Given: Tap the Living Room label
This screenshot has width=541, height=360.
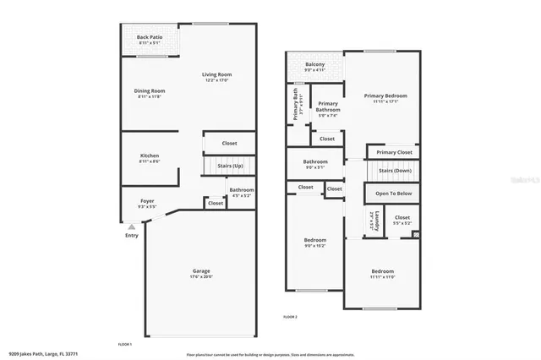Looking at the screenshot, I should (x=216, y=75).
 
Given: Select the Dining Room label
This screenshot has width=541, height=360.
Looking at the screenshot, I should (x=149, y=90).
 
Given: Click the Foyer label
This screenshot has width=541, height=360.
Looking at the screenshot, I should (x=146, y=201).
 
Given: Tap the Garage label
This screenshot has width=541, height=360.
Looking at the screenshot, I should (x=200, y=270).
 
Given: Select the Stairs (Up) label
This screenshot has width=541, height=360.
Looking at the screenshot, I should (x=231, y=166).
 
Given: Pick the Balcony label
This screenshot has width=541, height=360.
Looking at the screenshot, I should (x=315, y=64).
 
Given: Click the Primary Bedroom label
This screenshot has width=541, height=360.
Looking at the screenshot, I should (x=385, y=95).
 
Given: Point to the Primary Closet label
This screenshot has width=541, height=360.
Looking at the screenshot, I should (x=394, y=152).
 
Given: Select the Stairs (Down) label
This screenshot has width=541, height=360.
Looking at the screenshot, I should (x=395, y=171).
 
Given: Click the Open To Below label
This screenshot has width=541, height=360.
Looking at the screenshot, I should (x=394, y=194).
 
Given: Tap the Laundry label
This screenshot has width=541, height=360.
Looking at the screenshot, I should (x=372, y=222).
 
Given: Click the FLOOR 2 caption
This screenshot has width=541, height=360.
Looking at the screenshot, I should (x=290, y=316).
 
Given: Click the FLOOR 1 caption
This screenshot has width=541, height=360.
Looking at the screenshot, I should (x=124, y=344).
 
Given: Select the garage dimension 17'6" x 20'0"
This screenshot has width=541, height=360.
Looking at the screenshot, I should (x=200, y=276).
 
